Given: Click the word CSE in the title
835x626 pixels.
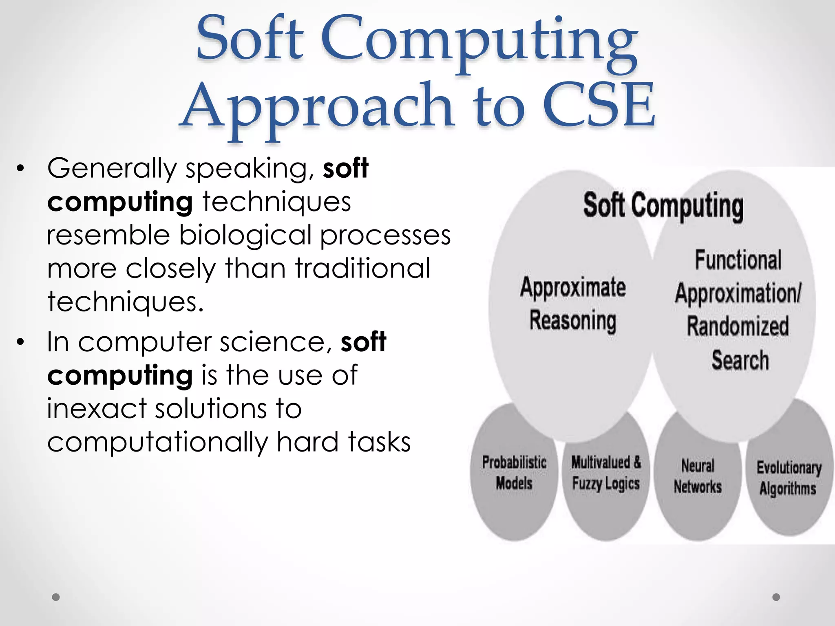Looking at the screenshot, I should [x=598, y=105].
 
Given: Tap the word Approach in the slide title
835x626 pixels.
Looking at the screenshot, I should [x=316, y=107].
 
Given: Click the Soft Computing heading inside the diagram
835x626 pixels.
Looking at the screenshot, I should [x=663, y=205].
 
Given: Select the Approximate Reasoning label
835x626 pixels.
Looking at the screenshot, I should [x=572, y=304].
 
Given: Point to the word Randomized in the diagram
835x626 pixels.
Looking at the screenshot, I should [x=738, y=326].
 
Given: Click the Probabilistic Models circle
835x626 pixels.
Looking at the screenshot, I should [x=514, y=473].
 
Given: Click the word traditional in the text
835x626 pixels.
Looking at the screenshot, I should [x=362, y=269].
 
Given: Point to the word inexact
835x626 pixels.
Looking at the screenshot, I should [x=97, y=408].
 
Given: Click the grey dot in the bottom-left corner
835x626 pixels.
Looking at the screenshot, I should [x=56, y=597].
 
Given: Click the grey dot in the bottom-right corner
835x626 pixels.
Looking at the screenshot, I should [x=776, y=597].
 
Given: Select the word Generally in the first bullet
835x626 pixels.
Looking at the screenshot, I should [x=111, y=168].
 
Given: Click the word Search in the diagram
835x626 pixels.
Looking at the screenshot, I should [x=740, y=360].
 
